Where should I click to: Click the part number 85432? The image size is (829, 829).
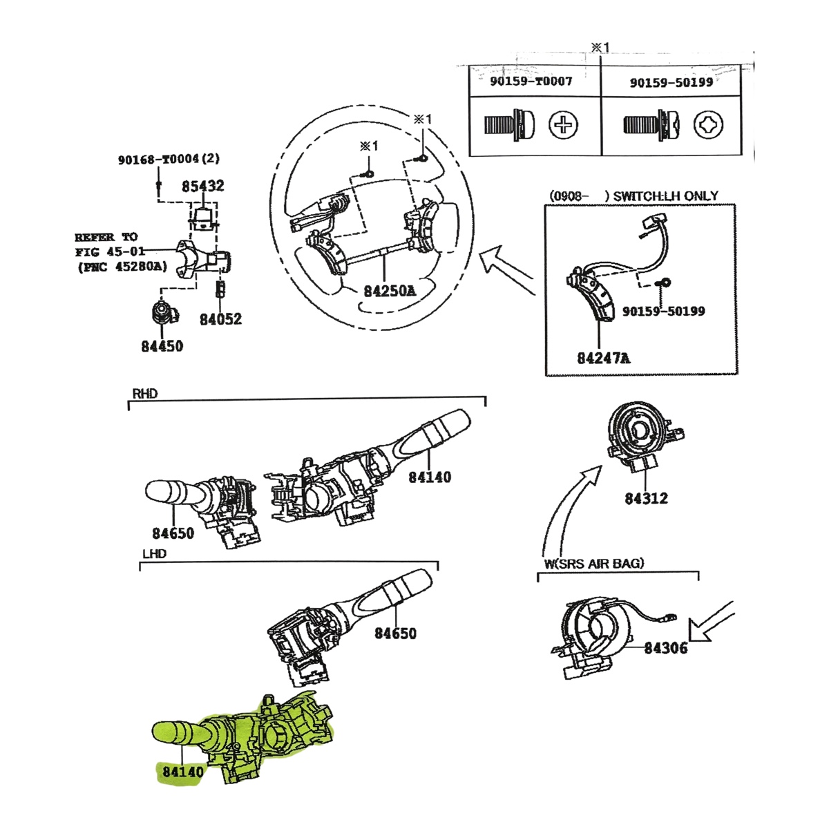click(x=202, y=187)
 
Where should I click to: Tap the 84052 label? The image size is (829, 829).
click(x=220, y=319)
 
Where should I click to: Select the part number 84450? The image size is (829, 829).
click(x=162, y=346)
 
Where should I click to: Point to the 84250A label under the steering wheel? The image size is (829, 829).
click(x=390, y=292)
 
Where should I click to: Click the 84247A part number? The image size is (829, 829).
click(x=604, y=358)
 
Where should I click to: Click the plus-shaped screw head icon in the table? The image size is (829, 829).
click(x=563, y=125)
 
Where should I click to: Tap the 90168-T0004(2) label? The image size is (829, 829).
click(x=169, y=159)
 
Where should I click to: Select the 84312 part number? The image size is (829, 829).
click(x=646, y=499)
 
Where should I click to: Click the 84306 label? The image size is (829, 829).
click(x=665, y=648)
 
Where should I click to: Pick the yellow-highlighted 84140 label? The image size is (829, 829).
click(x=183, y=772)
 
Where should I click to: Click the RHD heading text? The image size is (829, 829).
click(x=145, y=394)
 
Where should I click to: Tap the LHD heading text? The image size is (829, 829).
click(x=155, y=553)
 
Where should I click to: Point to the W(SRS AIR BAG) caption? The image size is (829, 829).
click(x=594, y=564)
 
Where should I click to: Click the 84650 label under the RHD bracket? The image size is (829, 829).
click(x=173, y=533)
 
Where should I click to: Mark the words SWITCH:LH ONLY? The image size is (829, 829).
click(x=665, y=196)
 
